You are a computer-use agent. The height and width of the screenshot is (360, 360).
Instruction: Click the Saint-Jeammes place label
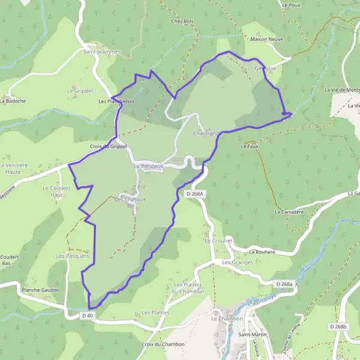tap(101, 52)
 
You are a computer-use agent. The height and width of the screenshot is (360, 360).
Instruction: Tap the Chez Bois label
tap(182, 22)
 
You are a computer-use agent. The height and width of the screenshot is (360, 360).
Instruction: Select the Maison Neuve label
tap(267, 40)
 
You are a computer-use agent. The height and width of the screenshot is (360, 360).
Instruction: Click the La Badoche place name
tap(13, 101)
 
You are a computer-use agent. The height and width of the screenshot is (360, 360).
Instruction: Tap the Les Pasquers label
tap(72, 256)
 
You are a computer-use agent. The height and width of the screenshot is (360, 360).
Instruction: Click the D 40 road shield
tap(88, 314)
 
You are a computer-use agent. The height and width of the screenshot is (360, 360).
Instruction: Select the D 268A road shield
tap(196, 194)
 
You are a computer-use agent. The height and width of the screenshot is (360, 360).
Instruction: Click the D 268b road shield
tap(338, 326)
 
